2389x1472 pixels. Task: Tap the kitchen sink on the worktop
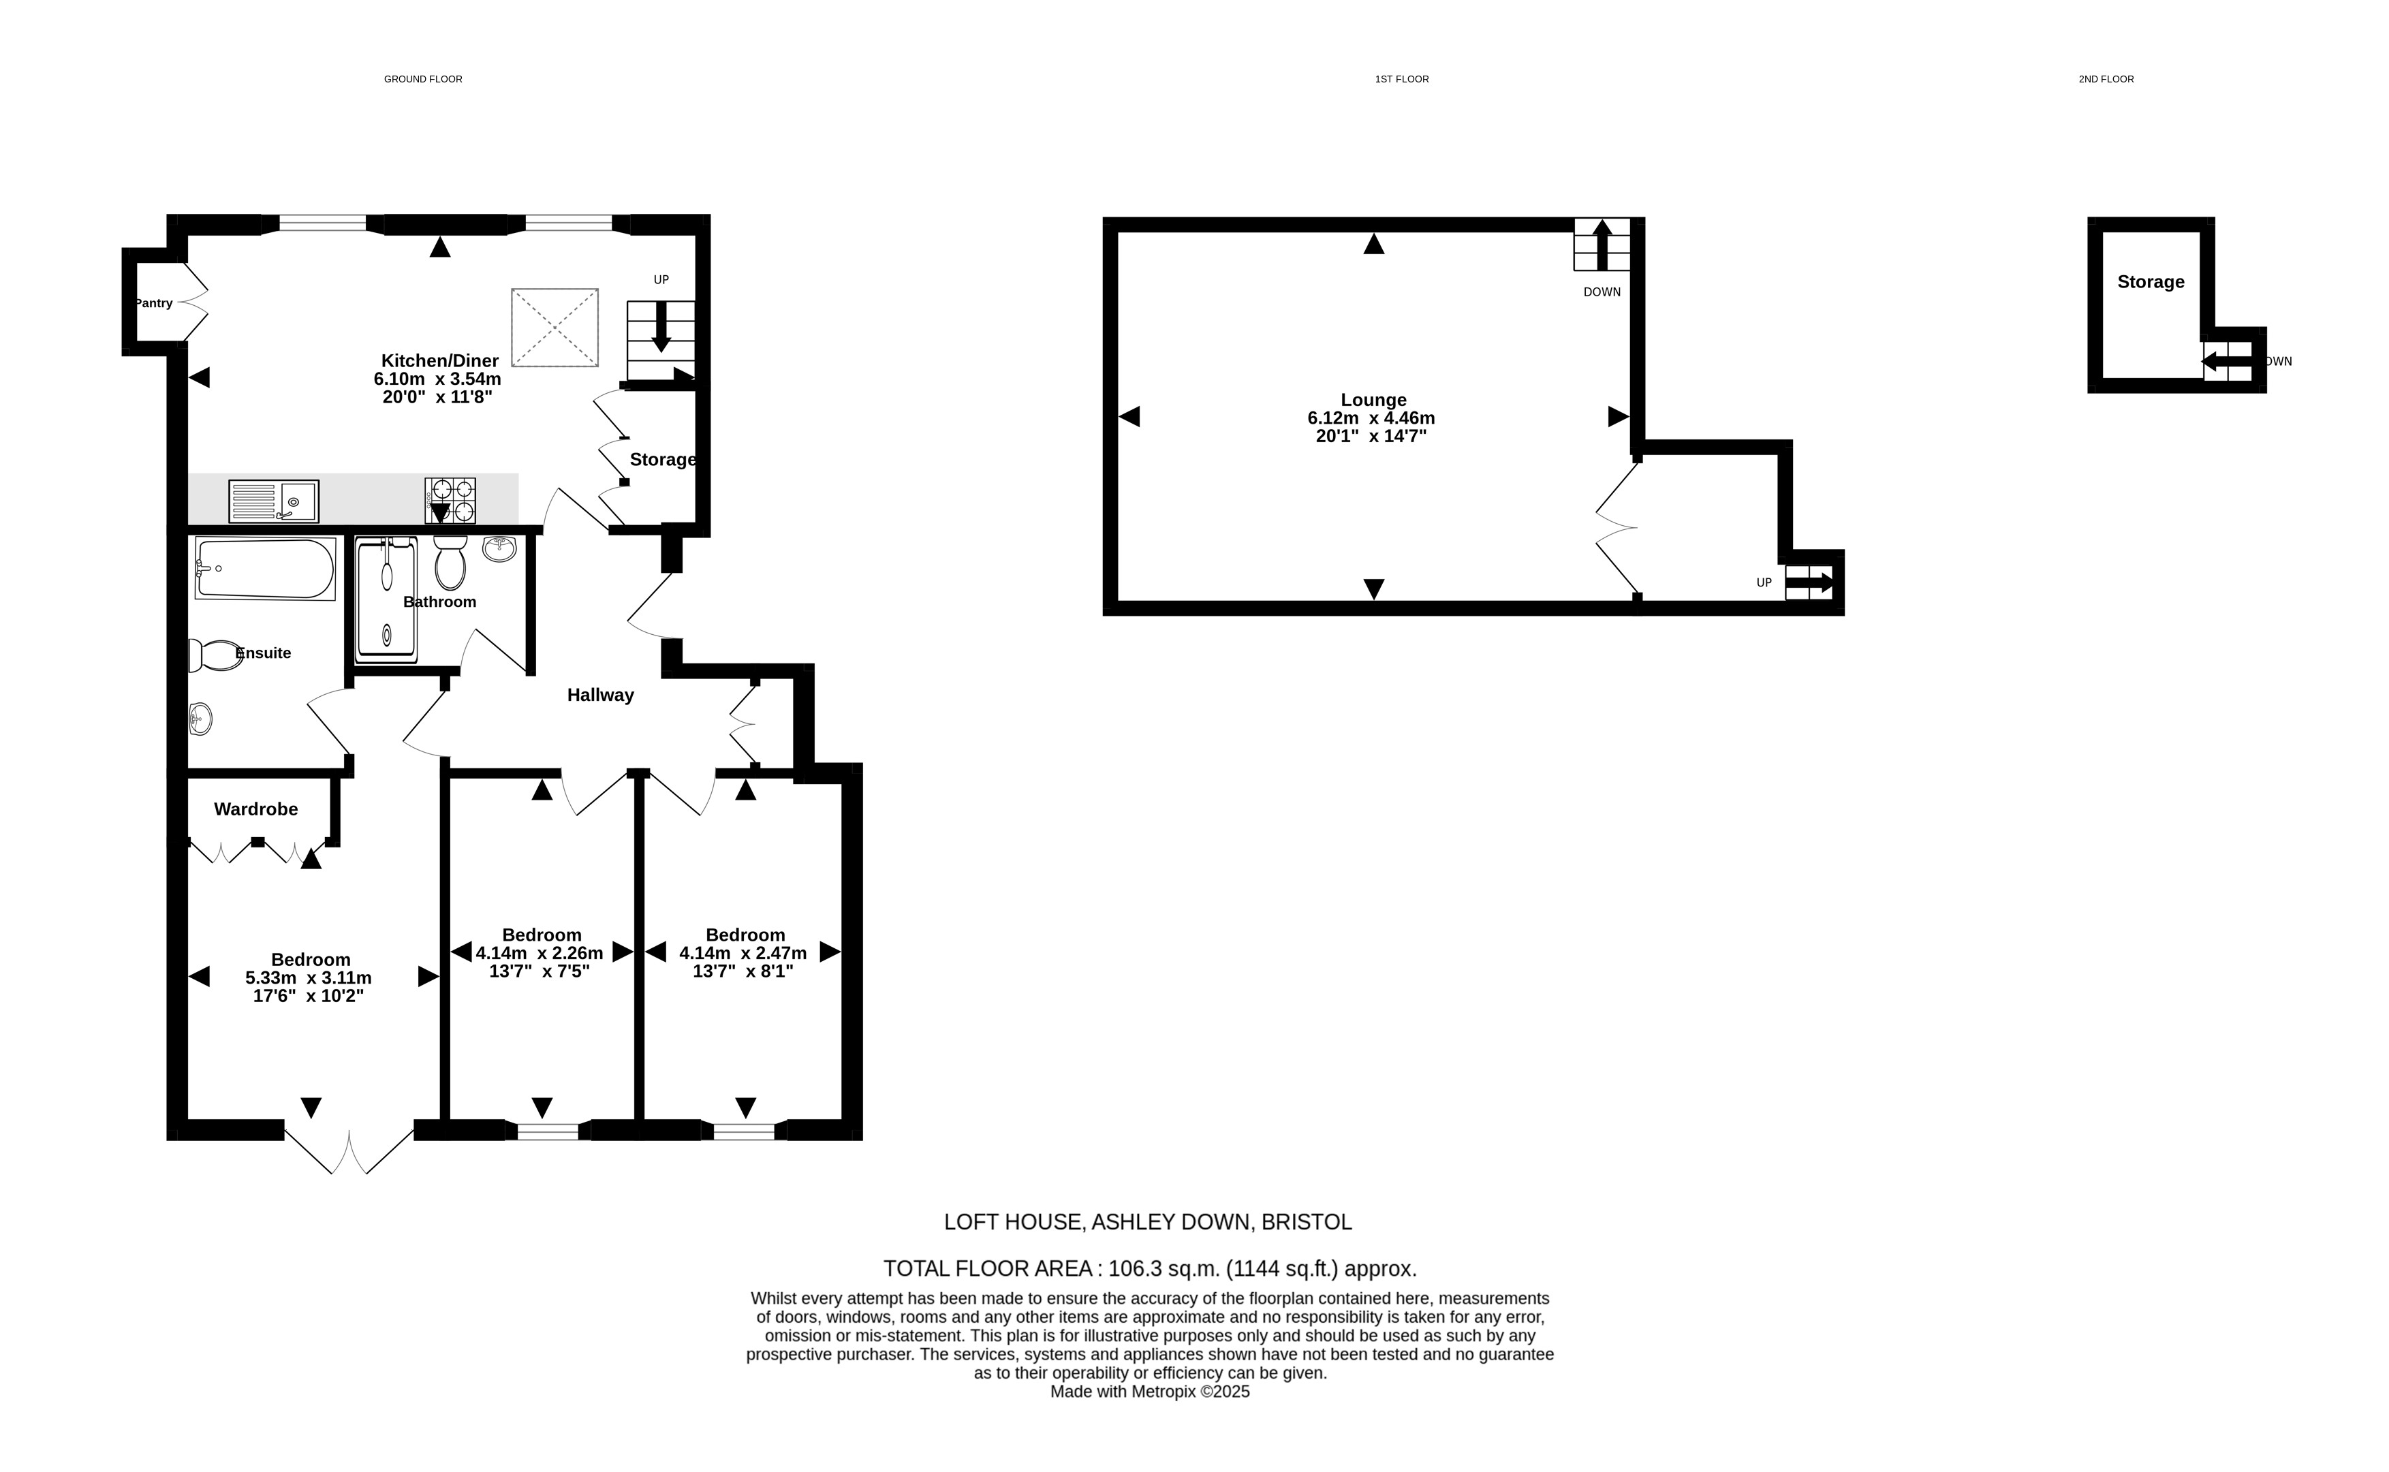(274, 501)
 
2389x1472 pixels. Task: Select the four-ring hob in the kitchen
(450, 501)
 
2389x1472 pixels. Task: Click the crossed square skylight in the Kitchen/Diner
(555, 327)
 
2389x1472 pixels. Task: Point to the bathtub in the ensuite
(266, 569)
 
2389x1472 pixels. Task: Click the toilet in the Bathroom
(450, 563)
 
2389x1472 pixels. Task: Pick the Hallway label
(601, 695)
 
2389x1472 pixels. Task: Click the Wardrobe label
(256, 809)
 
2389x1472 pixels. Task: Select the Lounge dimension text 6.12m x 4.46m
(1371, 419)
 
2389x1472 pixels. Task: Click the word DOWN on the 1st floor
(1602, 292)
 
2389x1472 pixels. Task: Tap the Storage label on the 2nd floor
(2151, 281)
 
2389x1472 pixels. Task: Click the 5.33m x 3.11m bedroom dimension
(309, 977)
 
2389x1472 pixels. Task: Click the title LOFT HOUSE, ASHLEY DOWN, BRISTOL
(1148, 1222)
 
